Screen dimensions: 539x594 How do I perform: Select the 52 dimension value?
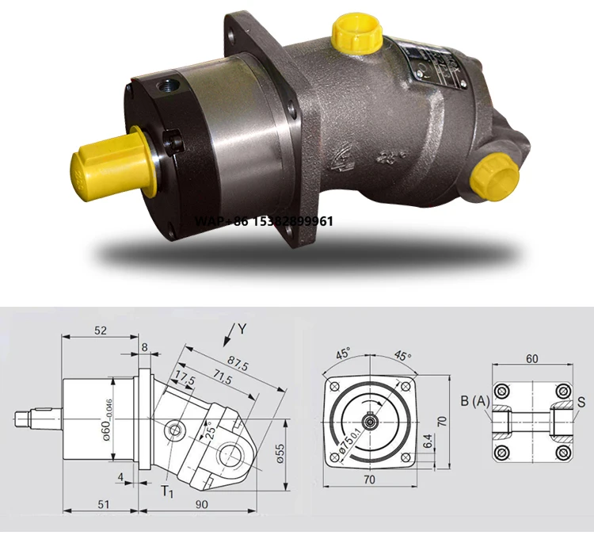[100, 331]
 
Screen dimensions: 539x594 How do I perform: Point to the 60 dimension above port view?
[531, 358]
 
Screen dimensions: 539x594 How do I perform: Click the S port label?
[582, 402]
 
